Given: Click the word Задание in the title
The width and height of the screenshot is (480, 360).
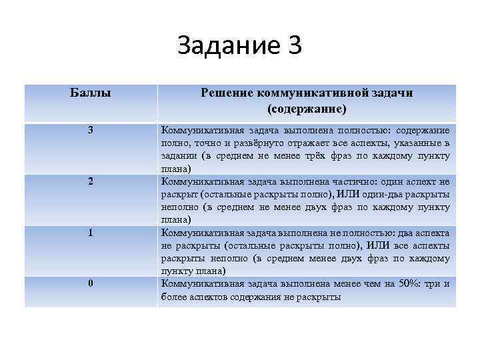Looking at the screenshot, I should click(219, 45).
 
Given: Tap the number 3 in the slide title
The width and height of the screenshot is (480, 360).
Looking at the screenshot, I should click(293, 45).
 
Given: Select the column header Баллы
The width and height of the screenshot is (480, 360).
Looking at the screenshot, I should click(90, 93).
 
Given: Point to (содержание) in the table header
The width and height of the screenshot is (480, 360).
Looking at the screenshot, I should click(306, 108).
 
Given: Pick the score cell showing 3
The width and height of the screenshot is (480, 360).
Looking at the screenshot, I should click(91, 130).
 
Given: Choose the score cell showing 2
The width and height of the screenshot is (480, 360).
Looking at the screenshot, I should click(91, 181).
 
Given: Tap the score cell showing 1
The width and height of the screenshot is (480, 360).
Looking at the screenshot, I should click(91, 233).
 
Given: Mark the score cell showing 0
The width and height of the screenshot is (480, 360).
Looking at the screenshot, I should click(91, 284).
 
